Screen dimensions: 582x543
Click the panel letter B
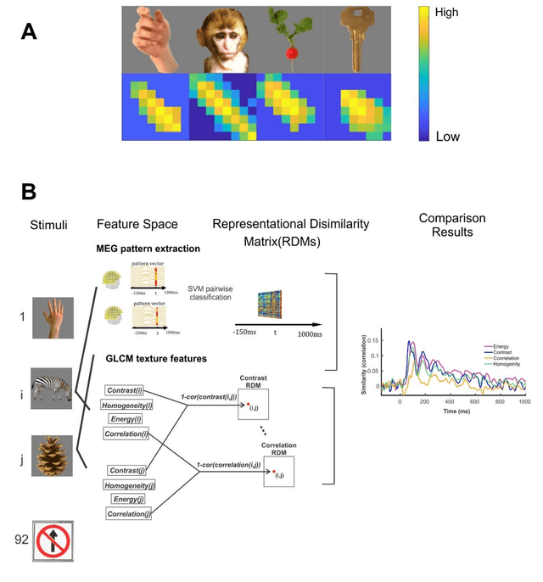(x=28, y=193)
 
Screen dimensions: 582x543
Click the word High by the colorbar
(x=447, y=14)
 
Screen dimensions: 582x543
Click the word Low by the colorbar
(x=446, y=136)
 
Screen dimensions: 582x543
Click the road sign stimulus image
(x=53, y=539)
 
